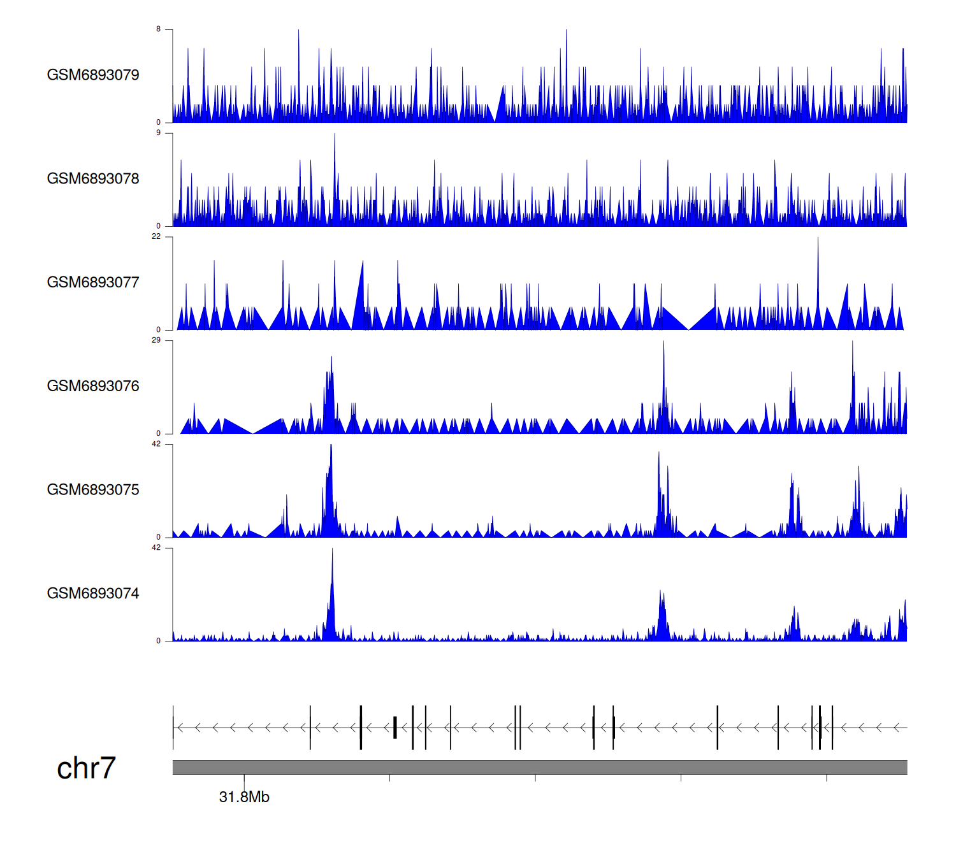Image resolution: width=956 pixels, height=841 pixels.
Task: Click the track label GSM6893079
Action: click(93, 75)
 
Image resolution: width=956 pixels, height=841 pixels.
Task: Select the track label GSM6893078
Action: click(93, 179)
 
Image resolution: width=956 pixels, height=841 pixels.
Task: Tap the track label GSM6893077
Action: click(93, 283)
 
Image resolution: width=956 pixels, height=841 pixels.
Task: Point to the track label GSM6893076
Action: click(93, 387)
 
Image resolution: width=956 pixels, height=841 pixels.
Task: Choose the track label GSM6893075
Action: click(93, 490)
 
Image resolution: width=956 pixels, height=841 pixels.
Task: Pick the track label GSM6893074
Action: click(93, 594)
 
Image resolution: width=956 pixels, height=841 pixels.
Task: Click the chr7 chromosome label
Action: click(86, 768)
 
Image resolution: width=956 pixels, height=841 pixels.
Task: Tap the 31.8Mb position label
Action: click(244, 797)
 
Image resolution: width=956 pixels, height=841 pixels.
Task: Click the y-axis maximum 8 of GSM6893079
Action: click(159, 29)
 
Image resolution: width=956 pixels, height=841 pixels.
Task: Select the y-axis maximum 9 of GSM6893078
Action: click(159, 133)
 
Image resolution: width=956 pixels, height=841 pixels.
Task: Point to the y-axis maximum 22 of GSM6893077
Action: click(156, 237)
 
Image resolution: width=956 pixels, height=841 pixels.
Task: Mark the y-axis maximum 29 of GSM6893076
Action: click(156, 341)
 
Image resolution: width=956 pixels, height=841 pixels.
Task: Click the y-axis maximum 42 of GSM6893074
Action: click(156, 548)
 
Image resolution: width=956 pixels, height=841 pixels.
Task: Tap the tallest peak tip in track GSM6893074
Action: click(332, 549)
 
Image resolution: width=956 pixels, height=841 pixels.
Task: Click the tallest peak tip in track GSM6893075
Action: click(331, 445)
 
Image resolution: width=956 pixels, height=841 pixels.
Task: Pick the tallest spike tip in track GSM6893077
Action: click(818, 238)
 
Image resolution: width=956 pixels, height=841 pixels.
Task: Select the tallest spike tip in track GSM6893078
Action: click(335, 134)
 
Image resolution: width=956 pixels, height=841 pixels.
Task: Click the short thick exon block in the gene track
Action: click(395, 728)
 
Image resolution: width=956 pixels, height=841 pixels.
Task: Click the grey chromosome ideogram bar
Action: click(539, 767)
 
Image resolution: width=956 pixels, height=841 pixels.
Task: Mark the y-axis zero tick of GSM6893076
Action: click(159, 434)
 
